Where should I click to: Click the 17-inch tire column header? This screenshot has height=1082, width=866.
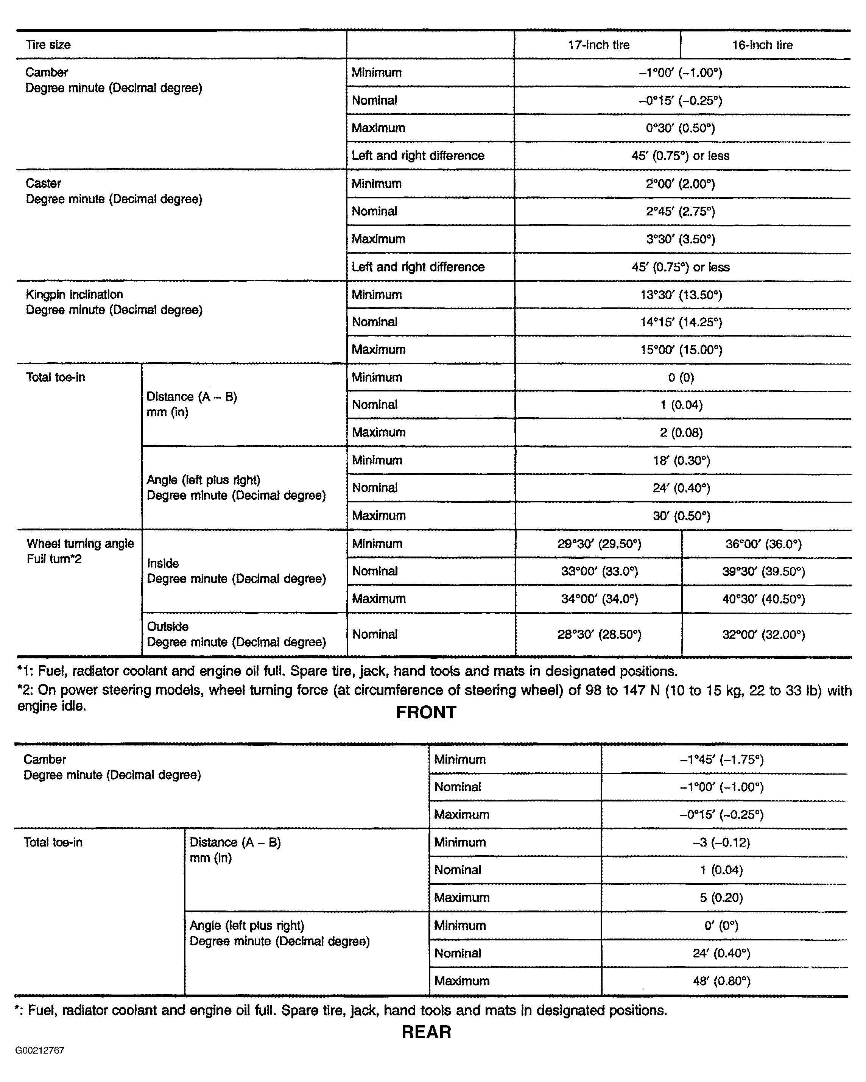click(598, 45)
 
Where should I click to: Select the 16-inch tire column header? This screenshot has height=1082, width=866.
click(762, 45)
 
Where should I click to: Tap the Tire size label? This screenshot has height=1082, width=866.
click(48, 45)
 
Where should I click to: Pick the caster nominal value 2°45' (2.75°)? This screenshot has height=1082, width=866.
click(681, 211)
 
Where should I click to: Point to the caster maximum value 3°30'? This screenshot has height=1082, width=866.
click(681, 239)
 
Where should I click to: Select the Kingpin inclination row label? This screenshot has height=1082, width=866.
click(74, 295)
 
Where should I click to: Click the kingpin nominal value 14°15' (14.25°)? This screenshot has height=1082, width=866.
click(681, 322)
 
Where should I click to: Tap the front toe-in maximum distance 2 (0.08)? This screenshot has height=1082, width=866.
click(681, 433)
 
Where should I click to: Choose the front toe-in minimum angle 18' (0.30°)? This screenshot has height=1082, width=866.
click(681, 461)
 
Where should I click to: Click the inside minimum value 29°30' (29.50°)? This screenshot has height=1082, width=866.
click(599, 544)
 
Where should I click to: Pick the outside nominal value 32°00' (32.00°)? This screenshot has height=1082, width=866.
click(763, 635)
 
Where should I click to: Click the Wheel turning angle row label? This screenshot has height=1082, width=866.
click(80, 544)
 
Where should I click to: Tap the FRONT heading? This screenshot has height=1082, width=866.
click(426, 712)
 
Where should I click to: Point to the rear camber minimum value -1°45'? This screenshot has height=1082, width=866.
click(721, 760)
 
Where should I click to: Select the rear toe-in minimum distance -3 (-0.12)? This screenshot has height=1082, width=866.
click(721, 843)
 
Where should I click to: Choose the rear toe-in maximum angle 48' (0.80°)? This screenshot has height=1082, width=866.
click(721, 981)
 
